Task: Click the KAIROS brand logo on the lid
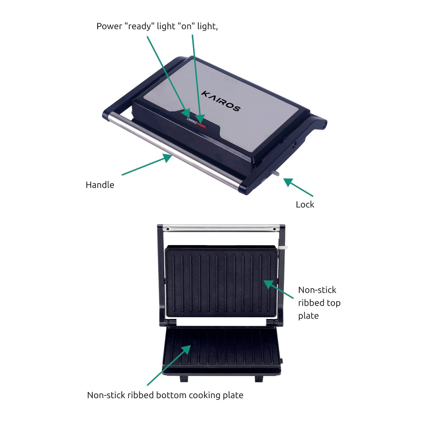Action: pos(221,101)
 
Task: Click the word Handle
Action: pos(100,185)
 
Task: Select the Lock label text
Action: pos(305,204)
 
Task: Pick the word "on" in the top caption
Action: pos(186,26)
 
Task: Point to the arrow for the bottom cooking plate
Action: pos(169,365)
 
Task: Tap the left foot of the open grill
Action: pos(184,379)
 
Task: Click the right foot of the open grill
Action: pos(259,379)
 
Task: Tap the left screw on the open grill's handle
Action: pos(168,229)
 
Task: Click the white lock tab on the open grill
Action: pos(283,248)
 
